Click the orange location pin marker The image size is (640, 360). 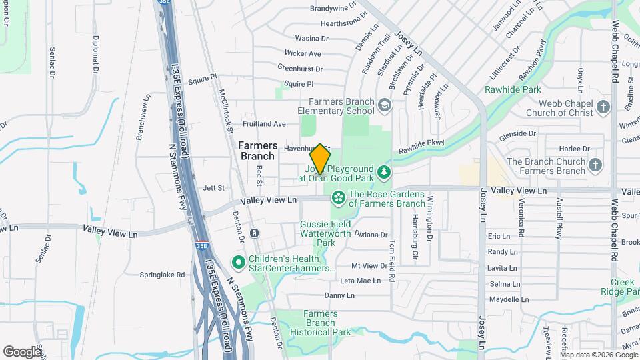pyautogui.click(x=320, y=158)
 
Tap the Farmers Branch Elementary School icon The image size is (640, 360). pyautogui.click(x=385, y=105)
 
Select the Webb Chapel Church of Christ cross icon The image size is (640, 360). pyautogui.click(x=603, y=107)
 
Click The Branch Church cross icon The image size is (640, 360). pyautogui.click(x=595, y=165)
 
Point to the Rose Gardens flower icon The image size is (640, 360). pyautogui.click(x=338, y=197)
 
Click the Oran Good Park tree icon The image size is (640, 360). pyautogui.click(x=384, y=173)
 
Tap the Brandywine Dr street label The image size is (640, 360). pyautogui.click(x=339, y=9)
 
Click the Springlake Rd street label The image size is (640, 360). pyautogui.click(x=162, y=274)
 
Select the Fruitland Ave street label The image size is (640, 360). pyautogui.click(x=265, y=124)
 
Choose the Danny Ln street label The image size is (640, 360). pyautogui.click(x=339, y=295)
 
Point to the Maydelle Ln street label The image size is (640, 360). pyautogui.click(x=504, y=299)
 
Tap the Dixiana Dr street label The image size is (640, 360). pyautogui.click(x=371, y=235)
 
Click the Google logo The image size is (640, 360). pyautogui.click(x=22, y=351)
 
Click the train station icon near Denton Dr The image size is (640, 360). pyautogui.click(x=254, y=233)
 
